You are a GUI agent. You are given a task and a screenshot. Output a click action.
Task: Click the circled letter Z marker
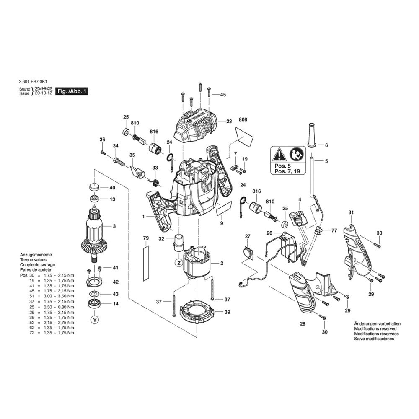tap(178, 263)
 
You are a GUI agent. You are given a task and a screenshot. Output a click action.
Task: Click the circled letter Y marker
tap(95, 320)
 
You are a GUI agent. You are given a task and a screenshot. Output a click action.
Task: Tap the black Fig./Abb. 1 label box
tap(72, 91)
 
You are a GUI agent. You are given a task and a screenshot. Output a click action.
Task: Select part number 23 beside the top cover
tap(229, 122)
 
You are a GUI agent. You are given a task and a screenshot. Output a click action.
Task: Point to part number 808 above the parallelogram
tap(243, 120)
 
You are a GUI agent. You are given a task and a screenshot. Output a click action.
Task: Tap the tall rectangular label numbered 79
tap(146, 264)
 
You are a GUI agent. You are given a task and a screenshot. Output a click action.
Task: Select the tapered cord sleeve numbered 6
tap(311, 135)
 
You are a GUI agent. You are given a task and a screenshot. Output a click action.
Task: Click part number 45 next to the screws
tap(223, 95)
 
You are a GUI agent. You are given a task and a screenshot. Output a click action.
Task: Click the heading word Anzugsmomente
tap(36, 255)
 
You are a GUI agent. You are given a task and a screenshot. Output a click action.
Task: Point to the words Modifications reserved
tap(375, 329)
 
